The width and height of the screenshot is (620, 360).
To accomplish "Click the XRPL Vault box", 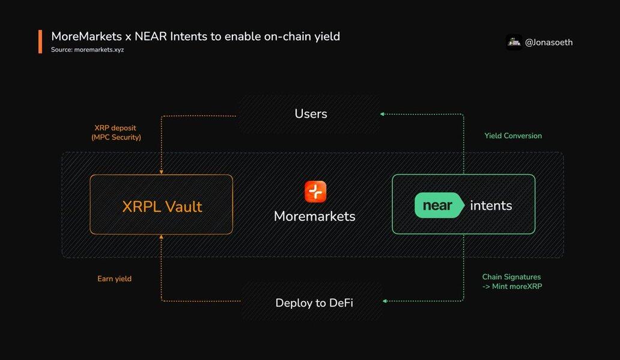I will (161, 204).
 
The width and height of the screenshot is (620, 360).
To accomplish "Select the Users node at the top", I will (311, 114).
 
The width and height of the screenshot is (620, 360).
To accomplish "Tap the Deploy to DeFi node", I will (314, 302).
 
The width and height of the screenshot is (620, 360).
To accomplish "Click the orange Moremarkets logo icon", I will (315, 192).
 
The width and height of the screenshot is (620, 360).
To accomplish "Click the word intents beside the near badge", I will (491, 206).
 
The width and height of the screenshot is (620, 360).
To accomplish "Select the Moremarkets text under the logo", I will (314, 216).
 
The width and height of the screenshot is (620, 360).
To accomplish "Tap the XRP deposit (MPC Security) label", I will (117, 133).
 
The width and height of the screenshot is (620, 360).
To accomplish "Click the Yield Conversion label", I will (513, 136).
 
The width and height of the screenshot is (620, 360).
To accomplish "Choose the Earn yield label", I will (114, 279).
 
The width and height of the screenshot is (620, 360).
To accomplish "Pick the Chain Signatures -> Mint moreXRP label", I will (511, 281).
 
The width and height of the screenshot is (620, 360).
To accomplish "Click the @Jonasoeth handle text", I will (549, 42).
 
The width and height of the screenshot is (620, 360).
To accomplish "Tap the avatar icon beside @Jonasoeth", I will (514, 41).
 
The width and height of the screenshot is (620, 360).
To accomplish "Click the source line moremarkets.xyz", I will (87, 50).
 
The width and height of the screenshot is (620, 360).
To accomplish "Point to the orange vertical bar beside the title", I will (40, 41).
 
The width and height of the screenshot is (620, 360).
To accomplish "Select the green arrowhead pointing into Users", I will (383, 114).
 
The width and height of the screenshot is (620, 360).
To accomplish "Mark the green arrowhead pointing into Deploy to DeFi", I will (385, 301).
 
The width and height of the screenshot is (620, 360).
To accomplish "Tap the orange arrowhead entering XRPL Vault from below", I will (161, 237).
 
